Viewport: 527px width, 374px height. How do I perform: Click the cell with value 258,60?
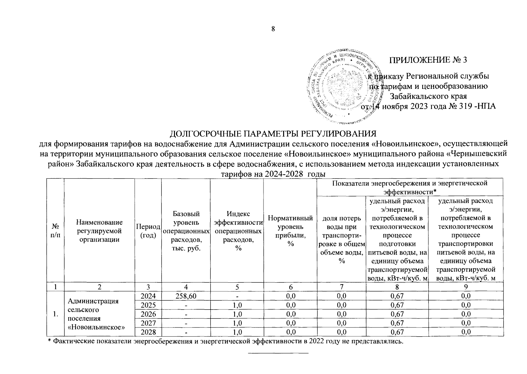click(x=186, y=296)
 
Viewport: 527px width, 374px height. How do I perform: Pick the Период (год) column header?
click(x=148, y=231)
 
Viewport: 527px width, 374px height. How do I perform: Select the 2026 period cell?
click(x=148, y=314)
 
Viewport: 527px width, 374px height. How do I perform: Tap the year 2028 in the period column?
click(x=148, y=332)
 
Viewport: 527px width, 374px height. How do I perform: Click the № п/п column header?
click(x=55, y=231)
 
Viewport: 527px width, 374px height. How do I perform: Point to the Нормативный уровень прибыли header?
click(x=290, y=231)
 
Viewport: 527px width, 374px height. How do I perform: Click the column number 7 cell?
click(x=341, y=287)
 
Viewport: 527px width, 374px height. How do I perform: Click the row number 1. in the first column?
click(x=55, y=314)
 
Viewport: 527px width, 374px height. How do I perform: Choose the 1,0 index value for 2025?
click(x=237, y=305)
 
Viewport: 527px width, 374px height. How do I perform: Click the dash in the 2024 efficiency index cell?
click(x=237, y=296)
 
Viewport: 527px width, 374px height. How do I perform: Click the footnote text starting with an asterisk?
click(x=223, y=342)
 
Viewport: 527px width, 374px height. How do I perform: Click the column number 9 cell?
click(x=466, y=287)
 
